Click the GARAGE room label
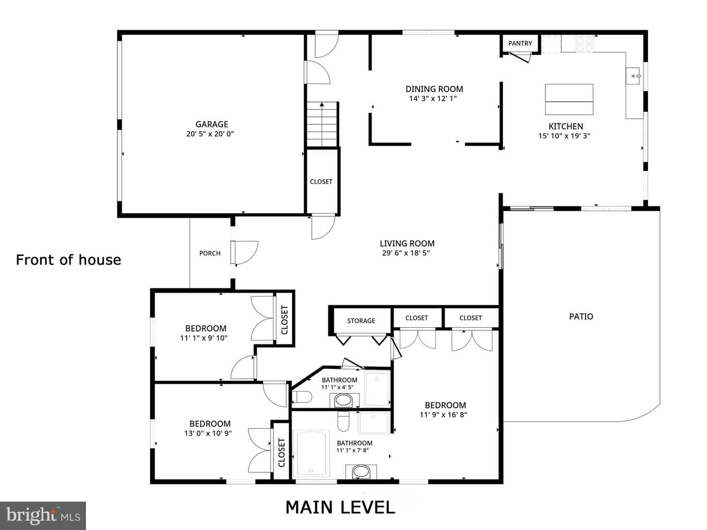pos(212,124)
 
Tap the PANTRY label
pos(520,43)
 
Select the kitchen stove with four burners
pos(585,44)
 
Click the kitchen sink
pos(634,76)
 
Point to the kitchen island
pos(569,99)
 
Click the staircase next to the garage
pos(322,124)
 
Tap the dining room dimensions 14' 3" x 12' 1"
pos(433,99)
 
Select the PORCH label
pos(210,253)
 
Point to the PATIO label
pos(581,316)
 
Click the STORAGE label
pos(361,321)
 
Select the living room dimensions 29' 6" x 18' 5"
pos(406,253)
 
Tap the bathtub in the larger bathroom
pos(311,453)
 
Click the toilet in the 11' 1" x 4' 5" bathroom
pos(302,396)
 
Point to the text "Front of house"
pos(69,260)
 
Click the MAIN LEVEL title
pos(340,507)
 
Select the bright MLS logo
pos(43,515)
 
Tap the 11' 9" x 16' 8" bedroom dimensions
pos(443,415)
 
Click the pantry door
pos(520,57)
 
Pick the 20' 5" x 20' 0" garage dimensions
pos(210,134)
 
